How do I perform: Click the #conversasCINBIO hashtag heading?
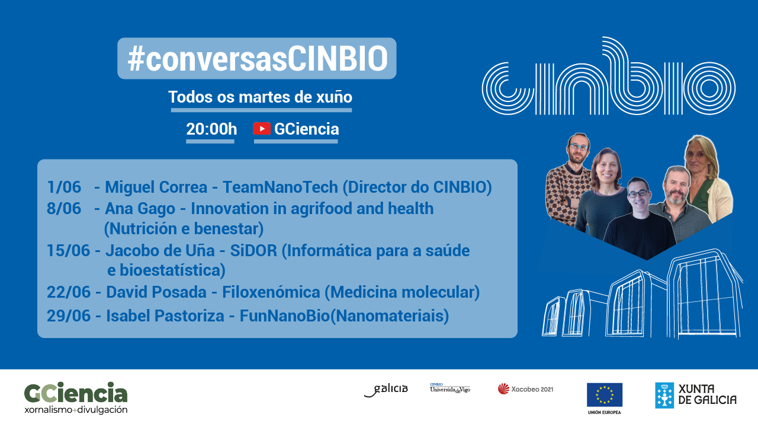tap(257, 59)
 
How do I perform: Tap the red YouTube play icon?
tap(262, 129)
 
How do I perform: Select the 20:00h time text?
tap(211, 129)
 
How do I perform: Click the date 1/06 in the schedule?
tap(64, 187)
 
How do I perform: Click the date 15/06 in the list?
tap(69, 251)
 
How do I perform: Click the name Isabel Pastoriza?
tap(165, 316)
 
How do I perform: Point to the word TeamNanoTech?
tap(281, 187)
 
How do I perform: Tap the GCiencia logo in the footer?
tap(76, 397)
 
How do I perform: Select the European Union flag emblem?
tap(604, 395)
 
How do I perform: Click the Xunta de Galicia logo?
tap(696, 395)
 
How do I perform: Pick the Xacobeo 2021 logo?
tap(525, 389)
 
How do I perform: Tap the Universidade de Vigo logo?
tap(450, 388)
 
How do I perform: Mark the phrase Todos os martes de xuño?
tap(261, 97)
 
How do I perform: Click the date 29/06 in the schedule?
tap(69, 316)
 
